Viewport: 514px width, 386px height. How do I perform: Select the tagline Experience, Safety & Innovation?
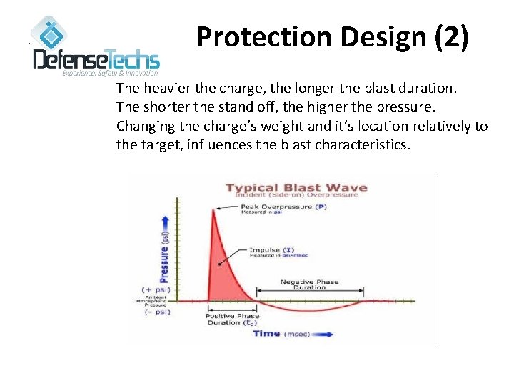pyautogui.click(x=110, y=73)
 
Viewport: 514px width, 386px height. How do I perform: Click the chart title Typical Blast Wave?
pyautogui.click(x=296, y=188)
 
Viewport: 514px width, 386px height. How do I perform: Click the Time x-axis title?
pyautogui.click(x=266, y=334)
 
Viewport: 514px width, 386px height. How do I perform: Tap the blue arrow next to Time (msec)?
pyautogui.click(x=320, y=335)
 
